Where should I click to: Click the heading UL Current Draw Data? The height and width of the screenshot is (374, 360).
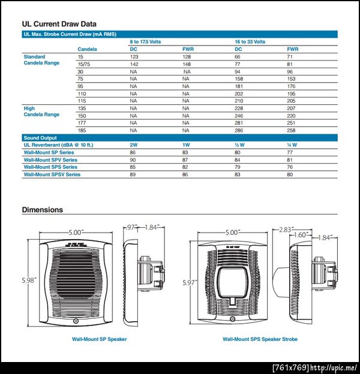tap(59, 24)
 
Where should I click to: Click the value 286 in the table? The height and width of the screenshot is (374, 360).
tap(239, 130)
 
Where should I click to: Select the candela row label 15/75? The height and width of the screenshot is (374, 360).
tap(83, 64)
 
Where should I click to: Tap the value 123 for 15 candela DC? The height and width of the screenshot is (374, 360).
tap(134, 56)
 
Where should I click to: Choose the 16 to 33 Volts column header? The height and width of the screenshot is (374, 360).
tap(250, 42)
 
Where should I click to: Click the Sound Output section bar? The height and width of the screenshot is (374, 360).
tap(40, 138)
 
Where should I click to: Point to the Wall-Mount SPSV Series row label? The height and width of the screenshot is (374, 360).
tap(52, 174)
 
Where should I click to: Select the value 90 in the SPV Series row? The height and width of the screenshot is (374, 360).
tap(133, 160)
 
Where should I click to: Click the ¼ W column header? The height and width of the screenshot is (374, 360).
tap(292, 145)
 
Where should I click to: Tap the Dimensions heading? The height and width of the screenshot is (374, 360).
tap(42, 210)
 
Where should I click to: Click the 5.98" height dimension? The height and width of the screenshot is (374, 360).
tap(28, 280)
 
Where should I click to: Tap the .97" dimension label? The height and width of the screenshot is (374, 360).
tap(132, 227)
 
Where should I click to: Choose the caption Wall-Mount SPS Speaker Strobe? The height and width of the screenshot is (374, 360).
tap(260, 339)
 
